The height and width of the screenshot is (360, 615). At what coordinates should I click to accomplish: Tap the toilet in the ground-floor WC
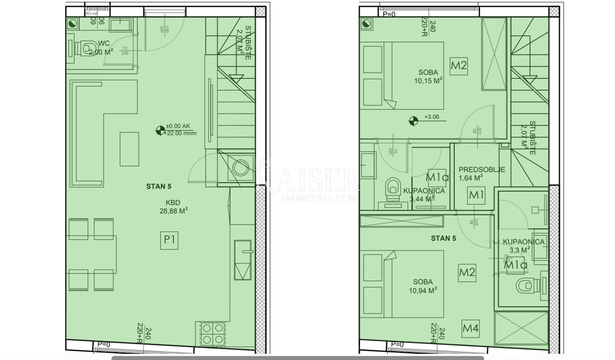82,48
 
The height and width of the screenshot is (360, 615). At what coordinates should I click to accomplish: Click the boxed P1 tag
170,240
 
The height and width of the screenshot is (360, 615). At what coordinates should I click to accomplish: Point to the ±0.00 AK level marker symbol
160,131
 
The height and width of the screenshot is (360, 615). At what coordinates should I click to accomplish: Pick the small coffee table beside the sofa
129,149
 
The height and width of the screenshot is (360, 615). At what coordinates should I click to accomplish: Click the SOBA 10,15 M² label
428,76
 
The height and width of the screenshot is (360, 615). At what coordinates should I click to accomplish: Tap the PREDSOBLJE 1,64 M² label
475,174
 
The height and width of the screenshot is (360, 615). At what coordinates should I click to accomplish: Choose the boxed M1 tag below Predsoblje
477,195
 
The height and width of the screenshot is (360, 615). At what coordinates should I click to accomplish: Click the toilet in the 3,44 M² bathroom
393,187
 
